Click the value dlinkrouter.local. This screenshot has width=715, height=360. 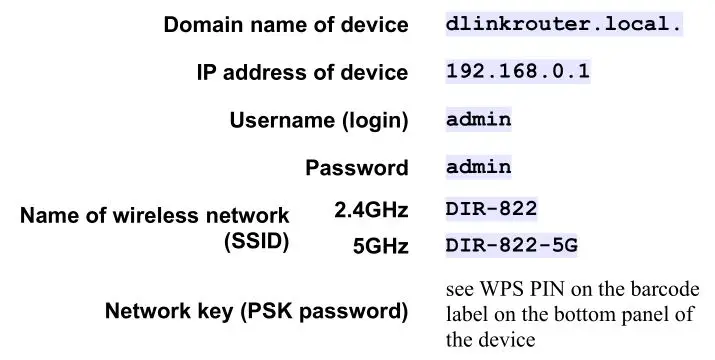click(x=564, y=25)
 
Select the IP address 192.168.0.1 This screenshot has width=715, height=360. click(x=518, y=72)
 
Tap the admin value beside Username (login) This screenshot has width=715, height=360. click(x=479, y=120)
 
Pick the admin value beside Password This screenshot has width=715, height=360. click(x=479, y=167)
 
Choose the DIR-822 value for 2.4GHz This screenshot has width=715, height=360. click(x=492, y=210)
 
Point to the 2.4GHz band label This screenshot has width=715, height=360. click(x=371, y=211)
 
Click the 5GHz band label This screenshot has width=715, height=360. click(x=380, y=245)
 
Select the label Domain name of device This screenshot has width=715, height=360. click(x=286, y=25)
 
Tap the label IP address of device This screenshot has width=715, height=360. click(x=302, y=72)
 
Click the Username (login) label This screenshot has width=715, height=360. click(x=319, y=120)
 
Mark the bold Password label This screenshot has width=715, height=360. click(x=357, y=167)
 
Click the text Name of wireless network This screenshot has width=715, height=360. click(x=155, y=215)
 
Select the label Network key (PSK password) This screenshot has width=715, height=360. click(x=257, y=311)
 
